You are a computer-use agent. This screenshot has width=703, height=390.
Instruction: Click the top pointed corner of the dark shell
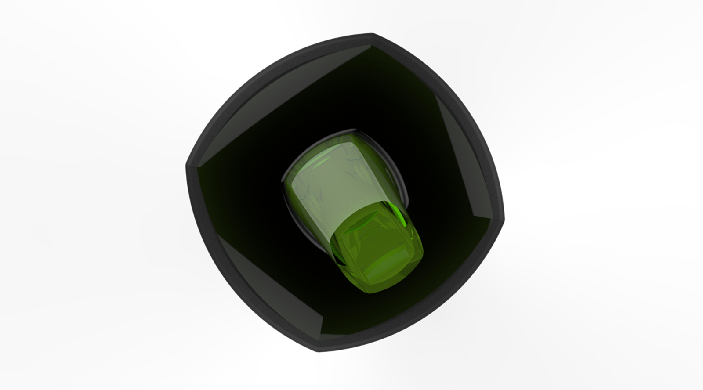pyautogui.click(x=372, y=35)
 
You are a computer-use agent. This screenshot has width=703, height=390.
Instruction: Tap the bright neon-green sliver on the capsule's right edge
pyautogui.click(x=401, y=216)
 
